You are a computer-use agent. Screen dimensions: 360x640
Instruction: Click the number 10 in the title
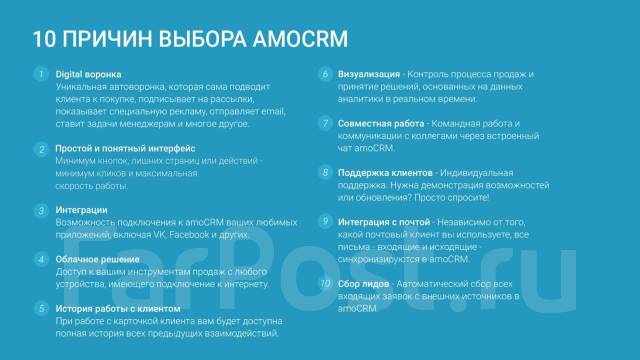click(x=44, y=40)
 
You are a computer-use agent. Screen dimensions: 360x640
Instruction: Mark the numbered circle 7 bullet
click(x=326, y=123)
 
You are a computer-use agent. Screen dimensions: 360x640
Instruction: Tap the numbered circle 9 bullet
click(x=326, y=220)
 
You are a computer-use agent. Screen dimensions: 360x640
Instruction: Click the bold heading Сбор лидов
click(x=371, y=283)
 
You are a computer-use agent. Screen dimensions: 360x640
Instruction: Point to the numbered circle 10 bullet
click(x=326, y=283)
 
